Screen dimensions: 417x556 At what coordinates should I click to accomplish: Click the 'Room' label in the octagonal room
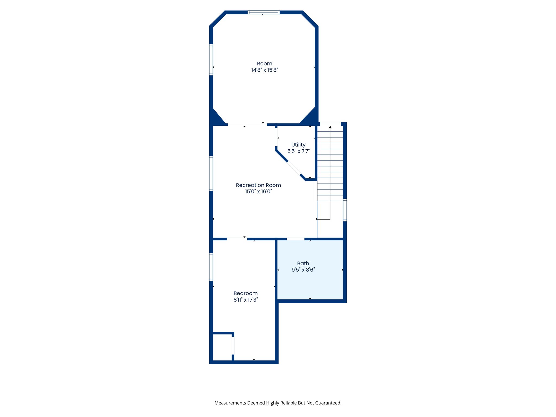(264, 64)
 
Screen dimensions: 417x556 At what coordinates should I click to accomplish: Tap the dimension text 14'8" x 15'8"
(264, 70)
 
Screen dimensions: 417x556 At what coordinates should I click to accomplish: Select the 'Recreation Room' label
(258, 185)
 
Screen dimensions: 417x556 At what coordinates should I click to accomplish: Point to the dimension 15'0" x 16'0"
(258, 192)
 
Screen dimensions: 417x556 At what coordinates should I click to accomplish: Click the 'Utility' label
(298, 145)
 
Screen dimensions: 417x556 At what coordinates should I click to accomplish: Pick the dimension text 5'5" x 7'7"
(298, 151)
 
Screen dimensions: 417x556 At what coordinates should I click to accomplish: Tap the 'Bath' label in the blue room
(303, 263)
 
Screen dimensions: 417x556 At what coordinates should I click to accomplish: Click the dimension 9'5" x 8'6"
(303, 270)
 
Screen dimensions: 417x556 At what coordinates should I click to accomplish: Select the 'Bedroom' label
(245, 293)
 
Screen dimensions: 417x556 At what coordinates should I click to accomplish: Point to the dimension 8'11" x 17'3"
(245, 300)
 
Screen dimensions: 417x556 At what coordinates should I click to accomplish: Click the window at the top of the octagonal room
(263, 12)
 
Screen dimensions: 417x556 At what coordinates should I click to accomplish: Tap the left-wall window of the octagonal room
(211, 59)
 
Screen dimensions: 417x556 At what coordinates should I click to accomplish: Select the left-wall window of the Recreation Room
(211, 173)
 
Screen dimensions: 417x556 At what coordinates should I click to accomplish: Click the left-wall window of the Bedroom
(211, 267)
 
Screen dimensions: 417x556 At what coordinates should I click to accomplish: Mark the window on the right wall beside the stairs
(345, 210)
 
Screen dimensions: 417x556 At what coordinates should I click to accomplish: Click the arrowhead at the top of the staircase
(330, 127)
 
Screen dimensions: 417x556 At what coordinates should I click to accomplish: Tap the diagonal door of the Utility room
(294, 168)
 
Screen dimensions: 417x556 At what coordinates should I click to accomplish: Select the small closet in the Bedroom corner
(222, 347)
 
